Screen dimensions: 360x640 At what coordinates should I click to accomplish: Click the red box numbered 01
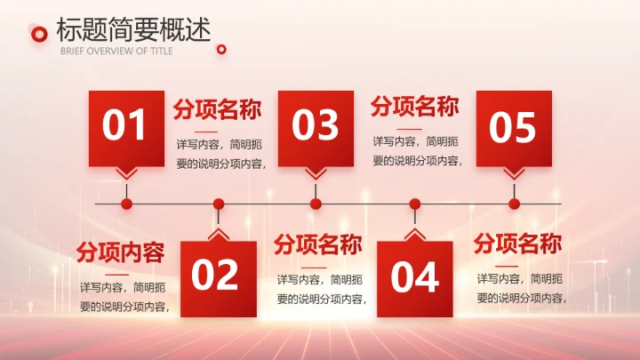coord(126,127)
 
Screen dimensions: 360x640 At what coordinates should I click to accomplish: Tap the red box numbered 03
coord(316,127)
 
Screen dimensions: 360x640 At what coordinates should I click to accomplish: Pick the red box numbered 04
coord(414,277)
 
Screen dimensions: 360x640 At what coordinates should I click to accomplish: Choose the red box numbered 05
coord(514,127)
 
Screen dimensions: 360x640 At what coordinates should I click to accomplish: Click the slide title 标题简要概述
coord(133,30)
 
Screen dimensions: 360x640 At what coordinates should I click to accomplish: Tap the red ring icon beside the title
coord(39,34)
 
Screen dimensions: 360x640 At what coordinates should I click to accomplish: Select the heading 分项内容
coord(120,252)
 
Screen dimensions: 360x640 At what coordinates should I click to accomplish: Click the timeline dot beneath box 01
coord(126,204)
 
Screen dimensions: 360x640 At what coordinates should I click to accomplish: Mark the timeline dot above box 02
coord(219,204)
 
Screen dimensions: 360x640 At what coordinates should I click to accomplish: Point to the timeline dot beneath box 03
coord(316,204)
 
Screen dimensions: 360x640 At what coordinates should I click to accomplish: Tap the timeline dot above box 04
coord(414,204)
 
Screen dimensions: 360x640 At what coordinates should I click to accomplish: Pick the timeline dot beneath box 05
coord(514,204)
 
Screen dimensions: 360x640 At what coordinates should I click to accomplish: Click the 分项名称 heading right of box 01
coord(217,110)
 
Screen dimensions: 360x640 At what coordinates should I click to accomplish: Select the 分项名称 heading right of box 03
coord(414,108)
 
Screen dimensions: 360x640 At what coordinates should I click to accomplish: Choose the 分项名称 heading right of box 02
coord(317,244)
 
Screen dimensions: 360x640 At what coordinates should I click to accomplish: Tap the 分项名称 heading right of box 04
coord(516,243)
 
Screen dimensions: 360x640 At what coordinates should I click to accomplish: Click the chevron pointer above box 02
coord(219,235)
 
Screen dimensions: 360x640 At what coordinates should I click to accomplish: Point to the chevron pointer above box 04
coord(414,235)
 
